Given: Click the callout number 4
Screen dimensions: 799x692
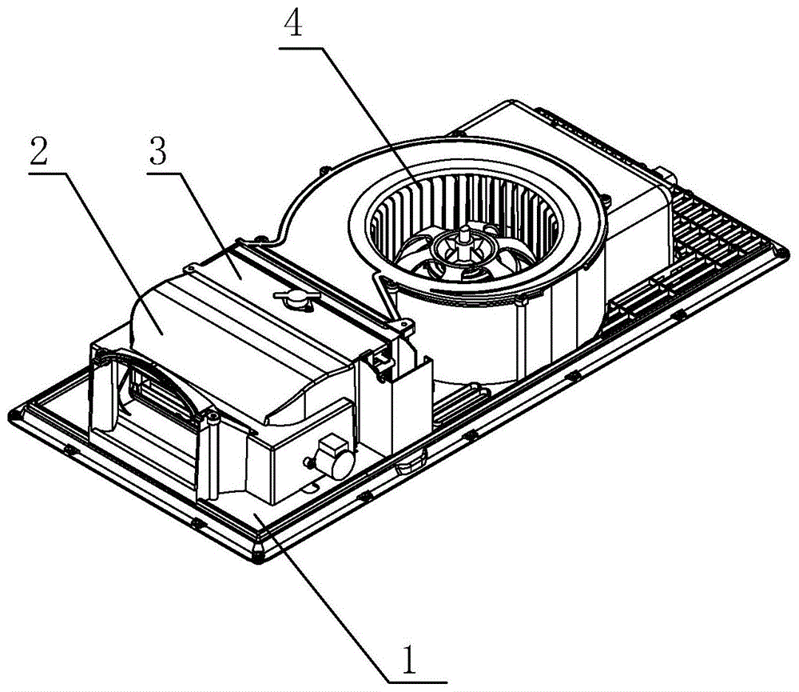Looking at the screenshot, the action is [x=294, y=23].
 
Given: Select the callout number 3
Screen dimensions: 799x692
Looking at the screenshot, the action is [x=157, y=151].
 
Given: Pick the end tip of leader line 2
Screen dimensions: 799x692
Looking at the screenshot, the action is [x=162, y=334].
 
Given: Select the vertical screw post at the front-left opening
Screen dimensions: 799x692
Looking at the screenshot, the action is [x=212, y=456].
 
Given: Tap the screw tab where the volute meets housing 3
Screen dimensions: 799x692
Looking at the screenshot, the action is [x=407, y=326].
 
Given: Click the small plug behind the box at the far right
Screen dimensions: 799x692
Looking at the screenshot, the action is [x=667, y=176].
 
